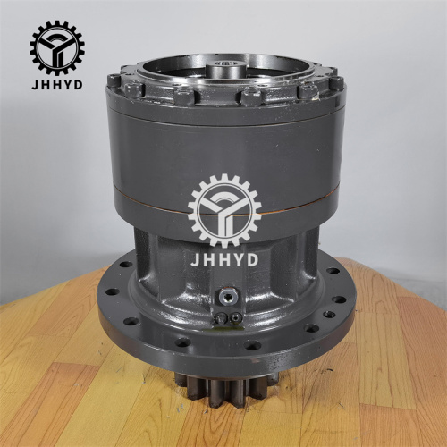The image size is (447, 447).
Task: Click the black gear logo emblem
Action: (x=56, y=46)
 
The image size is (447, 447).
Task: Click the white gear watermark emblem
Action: (x=224, y=211)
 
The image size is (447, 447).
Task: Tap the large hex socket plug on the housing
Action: (x=228, y=297)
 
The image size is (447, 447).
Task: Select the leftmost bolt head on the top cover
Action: (x=114, y=81)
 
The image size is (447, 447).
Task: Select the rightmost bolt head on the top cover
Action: (x=336, y=82)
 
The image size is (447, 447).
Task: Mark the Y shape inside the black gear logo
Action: (x=56, y=46)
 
